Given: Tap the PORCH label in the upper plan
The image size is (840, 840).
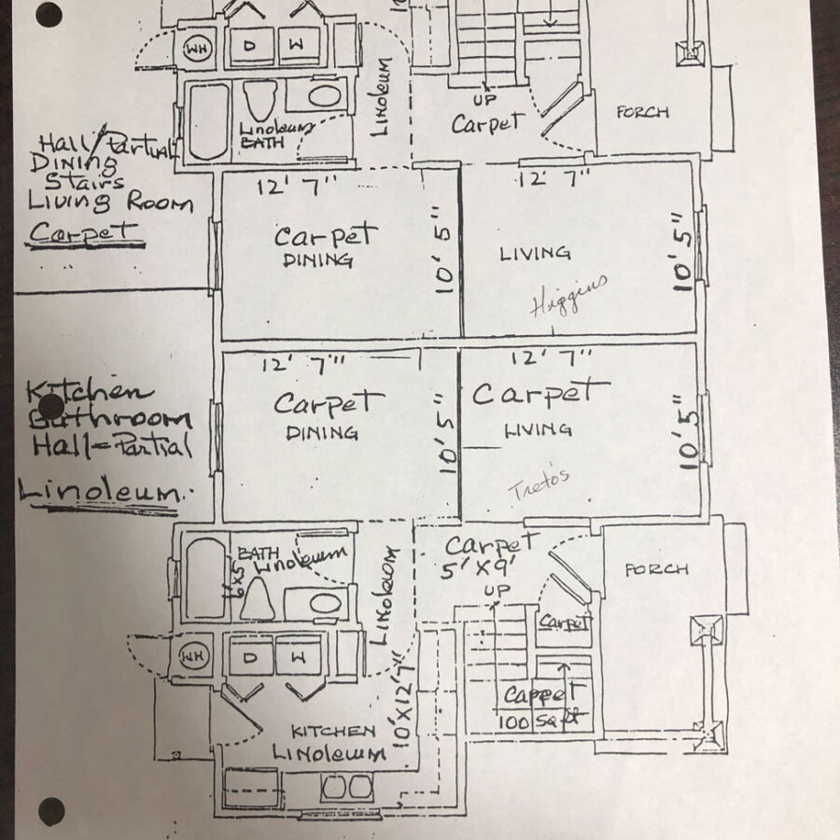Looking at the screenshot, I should click(642, 113).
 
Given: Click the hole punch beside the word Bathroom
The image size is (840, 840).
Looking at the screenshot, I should click(52, 407).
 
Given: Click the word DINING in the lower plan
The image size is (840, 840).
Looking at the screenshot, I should click(322, 433).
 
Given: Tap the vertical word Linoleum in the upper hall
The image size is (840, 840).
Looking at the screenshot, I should click(383, 99).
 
